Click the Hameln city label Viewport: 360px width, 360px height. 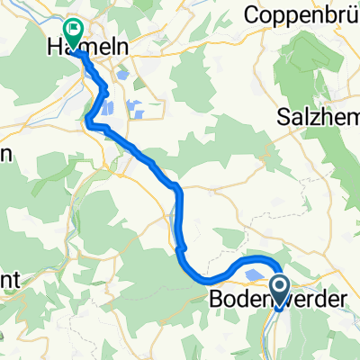tap(88, 46)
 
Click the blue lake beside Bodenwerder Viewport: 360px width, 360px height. tap(255, 276)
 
